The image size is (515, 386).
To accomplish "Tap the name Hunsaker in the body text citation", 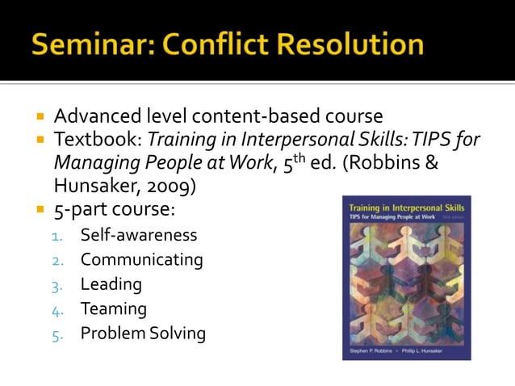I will pyautogui.click(x=94, y=187).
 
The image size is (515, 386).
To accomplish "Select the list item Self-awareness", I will pyautogui.click(x=139, y=236).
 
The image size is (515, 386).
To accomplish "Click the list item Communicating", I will pyautogui.click(x=141, y=260).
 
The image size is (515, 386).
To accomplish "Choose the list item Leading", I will pyautogui.click(x=111, y=284).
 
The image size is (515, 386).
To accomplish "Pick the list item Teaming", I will pyautogui.click(x=113, y=308).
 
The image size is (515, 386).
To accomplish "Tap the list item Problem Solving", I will pyautogui.click(x=143, y=333).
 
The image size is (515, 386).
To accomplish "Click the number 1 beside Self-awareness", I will pyautogui.click(x=57, y=237).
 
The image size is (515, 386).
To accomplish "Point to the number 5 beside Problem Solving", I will pyautogui.click(x=57, y=334).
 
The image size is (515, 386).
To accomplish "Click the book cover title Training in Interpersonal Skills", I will pyautogui.click(x=406, y=208).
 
